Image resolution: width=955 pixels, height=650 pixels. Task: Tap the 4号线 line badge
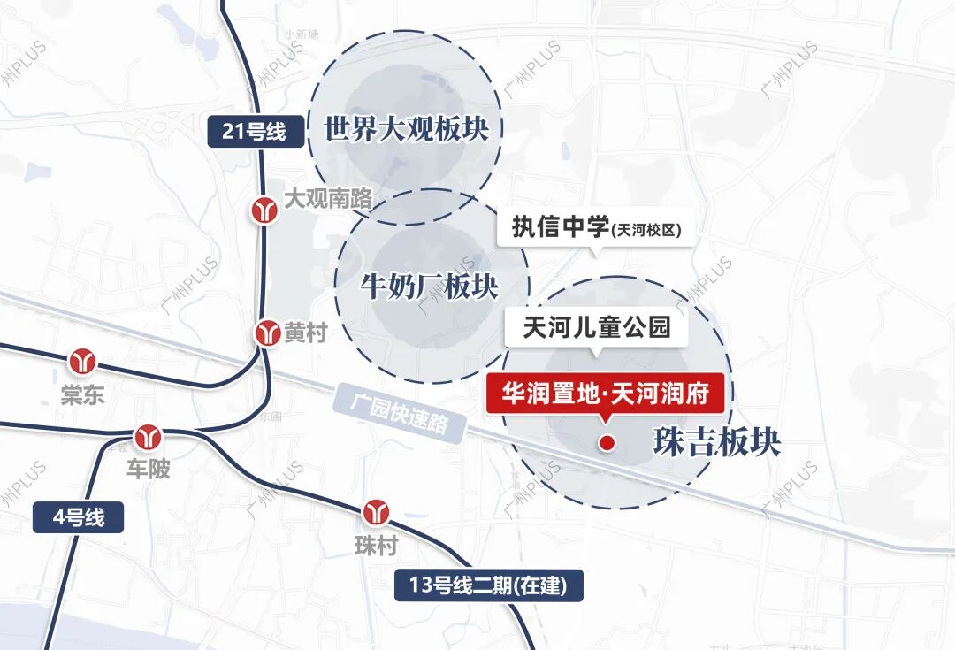[x=78, y=516]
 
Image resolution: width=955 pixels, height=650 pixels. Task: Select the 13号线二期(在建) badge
[x=488, y=585]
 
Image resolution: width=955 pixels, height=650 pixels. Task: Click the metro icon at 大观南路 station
[x=264, y=210]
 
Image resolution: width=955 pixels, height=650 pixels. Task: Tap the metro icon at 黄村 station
[x=268, y=333]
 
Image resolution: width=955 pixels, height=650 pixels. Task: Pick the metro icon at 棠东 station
[x=84, y=362]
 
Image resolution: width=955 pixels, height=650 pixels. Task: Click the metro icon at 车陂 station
[x=147, y=436]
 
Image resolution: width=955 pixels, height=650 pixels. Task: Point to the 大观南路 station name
[x=327, y=198]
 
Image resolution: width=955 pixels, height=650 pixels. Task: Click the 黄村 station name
[x=306, y=333]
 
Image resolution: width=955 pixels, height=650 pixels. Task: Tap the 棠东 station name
[x=82, y=394]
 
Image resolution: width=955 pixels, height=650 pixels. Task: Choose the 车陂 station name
[x=147, y=469]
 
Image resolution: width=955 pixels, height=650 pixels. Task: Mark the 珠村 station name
[x=376, y=545]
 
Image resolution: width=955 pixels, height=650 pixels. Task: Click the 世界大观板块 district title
[x=406, y=130]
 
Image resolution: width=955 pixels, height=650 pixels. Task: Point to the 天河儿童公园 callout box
[x=597, y=329]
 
